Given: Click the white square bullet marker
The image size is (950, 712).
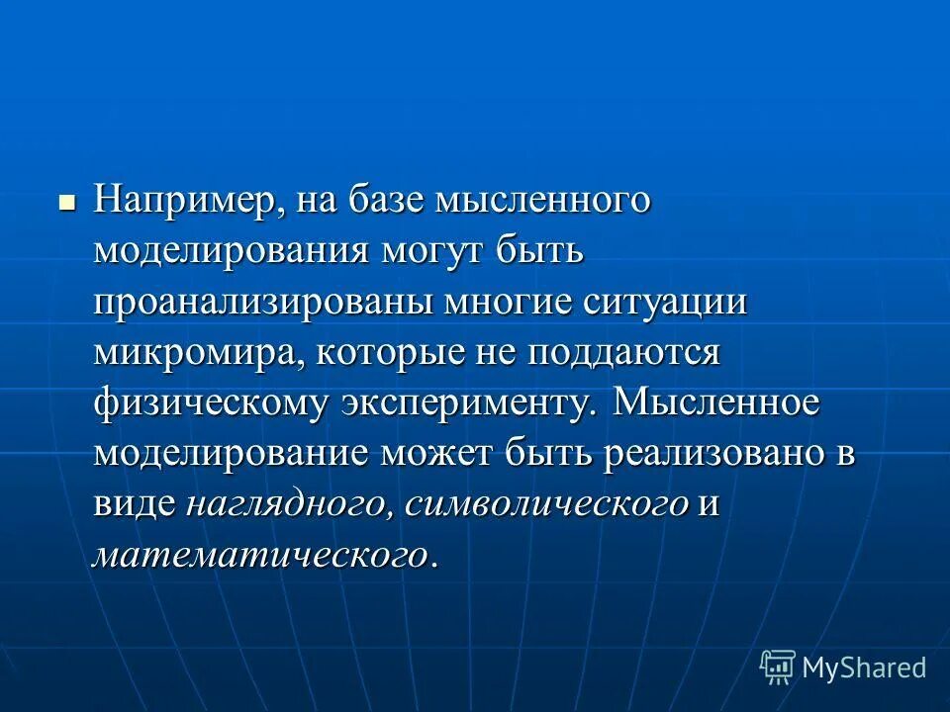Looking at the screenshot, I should click(x=67, y=204).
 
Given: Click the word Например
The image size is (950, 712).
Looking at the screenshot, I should click(x=184, y=201).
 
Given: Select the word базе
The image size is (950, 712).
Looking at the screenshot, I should click(x=382, y=201).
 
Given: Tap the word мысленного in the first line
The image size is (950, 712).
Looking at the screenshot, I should click(x=538, y=201).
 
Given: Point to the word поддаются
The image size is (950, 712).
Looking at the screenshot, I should click(x=623, y=353).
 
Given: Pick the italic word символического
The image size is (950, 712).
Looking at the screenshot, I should click(x=546, y=505).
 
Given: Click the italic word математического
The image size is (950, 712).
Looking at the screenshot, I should click(x=261, y=556).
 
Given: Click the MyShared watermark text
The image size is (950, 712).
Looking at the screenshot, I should click(x=864, y=668).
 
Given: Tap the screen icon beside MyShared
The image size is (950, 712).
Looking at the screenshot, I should click(x=778, y=667).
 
